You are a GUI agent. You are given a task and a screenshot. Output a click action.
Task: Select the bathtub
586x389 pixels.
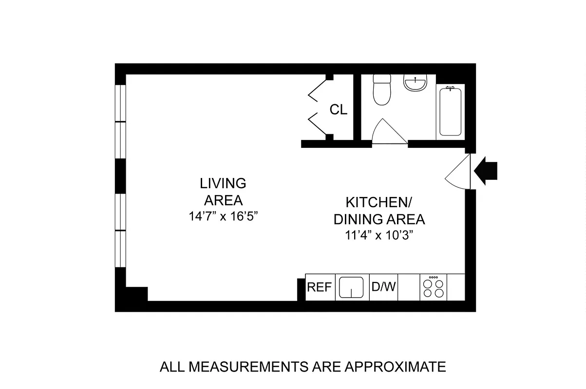click(450, 111)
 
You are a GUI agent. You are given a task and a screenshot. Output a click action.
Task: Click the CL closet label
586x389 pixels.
click(339, 110)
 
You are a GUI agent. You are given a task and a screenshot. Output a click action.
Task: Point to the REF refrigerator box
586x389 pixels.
click(319, 287)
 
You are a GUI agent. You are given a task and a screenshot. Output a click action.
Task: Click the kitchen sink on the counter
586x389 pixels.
click(351, 287)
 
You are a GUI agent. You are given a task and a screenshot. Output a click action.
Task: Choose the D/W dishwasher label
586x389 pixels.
click(384, 287)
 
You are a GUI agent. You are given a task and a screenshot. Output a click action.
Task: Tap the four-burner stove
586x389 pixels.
click(433, 287)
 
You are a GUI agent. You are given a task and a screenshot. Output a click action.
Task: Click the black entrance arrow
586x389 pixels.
click(486, 171)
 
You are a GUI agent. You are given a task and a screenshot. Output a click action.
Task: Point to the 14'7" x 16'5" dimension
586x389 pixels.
click(223, 217)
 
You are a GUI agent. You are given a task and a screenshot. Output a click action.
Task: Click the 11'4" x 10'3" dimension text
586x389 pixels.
click(379, 236)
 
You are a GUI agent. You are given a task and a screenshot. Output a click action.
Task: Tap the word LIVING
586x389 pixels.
click(223, 183)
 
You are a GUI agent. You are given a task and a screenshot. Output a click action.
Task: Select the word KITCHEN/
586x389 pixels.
click(379, 202)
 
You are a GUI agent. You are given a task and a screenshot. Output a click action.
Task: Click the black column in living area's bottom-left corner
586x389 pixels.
click(136, 294)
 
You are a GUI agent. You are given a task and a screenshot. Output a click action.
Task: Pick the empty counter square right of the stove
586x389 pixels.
click(456, 287)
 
